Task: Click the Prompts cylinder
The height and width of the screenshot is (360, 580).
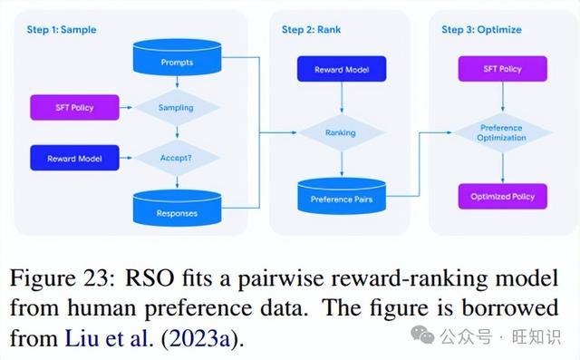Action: coord(177,57)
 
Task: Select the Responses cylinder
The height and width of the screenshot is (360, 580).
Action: coord(177,208)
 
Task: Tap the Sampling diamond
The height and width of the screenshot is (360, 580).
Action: coord(177,108)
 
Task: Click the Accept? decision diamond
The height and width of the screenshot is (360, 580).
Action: coord(177,158)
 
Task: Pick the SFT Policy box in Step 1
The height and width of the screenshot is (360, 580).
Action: coord(74,108)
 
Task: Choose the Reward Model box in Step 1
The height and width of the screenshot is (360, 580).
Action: coord(74,158)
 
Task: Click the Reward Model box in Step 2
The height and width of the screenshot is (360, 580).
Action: coord(342,69)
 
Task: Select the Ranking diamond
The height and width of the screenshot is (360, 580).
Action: coord(342,132)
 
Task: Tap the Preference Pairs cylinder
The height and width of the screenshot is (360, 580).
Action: coord(342,196)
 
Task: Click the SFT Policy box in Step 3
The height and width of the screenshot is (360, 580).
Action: coord(503,69)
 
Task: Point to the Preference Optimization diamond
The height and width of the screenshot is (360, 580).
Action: coord(502,132)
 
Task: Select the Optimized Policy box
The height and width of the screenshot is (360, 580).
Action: coord(503,197)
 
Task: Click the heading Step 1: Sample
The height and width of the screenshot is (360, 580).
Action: coord(62,30)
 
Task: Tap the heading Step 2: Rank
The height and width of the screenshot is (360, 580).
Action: coord(312,30)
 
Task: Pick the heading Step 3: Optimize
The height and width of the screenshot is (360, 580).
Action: coord(481,30)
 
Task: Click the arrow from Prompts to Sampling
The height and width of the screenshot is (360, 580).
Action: coord(177,82)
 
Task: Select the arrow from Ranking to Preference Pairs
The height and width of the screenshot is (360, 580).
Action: coord(342,164)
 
